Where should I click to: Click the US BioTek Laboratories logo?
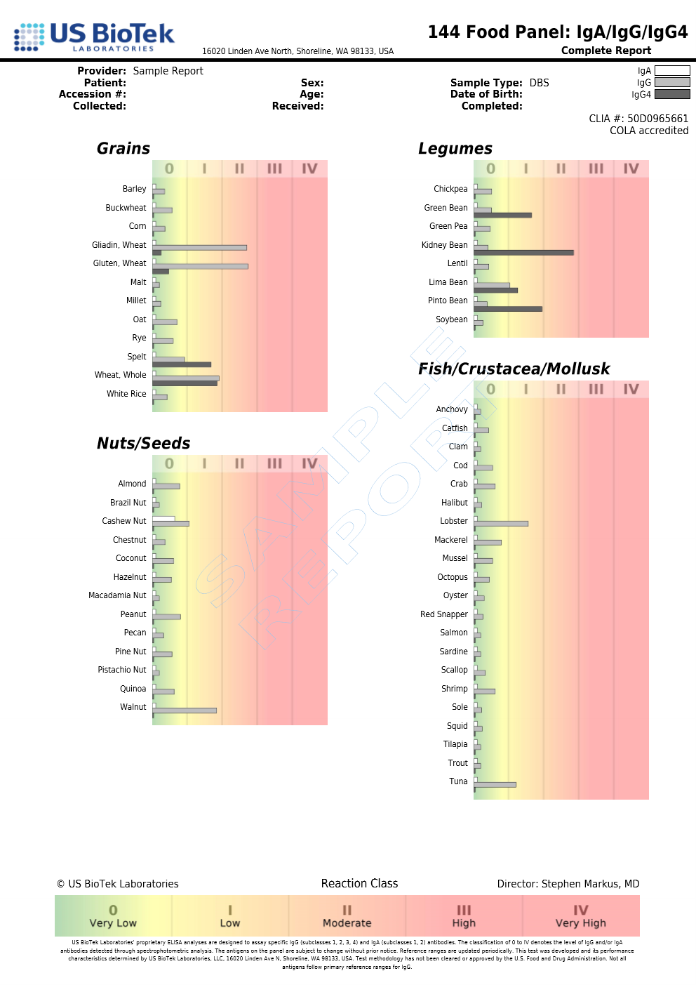(94, 37)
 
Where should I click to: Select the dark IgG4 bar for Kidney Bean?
(523, 253)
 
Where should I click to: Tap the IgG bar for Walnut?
(185, 710)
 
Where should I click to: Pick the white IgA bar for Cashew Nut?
(163, 519)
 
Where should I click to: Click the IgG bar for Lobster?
(501, 524)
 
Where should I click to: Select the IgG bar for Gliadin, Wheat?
(200, 247)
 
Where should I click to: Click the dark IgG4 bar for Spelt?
(182, 364)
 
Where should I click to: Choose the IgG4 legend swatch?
(672, 94)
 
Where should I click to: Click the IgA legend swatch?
(672, 71)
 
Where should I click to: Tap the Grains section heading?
(123, 149)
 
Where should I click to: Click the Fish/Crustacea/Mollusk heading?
(514, 369)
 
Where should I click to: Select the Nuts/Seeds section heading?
(143, 444)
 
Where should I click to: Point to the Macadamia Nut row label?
(117, 595)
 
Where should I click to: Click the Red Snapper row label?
(443, 614)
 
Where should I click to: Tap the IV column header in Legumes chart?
(631, 168)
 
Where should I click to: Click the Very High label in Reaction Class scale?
(580, 923)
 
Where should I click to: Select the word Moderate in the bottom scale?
(347, 923)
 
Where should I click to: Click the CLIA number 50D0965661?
(657, 119)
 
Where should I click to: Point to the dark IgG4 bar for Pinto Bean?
(508, 309)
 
